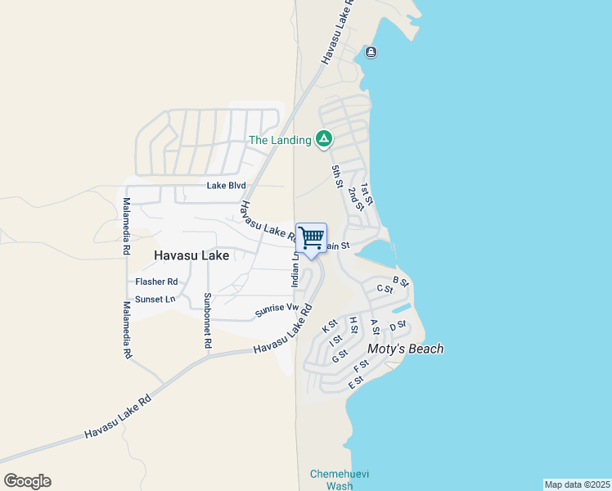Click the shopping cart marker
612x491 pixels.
click(x=312, y=238)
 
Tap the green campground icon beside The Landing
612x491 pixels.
click(x=324, y=139)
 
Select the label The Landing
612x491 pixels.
click(x=280, y=140)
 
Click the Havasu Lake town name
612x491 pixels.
click(x=191, y=256)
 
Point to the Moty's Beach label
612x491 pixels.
click(x=405, y=349)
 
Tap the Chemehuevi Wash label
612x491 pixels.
click(x=331, y=480)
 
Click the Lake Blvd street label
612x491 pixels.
click(x=226, y=186)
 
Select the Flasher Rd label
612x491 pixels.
click(x=156, y=282)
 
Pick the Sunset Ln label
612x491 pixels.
click(x=155, y=300)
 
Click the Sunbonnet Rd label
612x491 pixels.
click(x=208, y=321)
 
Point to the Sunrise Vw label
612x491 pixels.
click(x=275, y=309)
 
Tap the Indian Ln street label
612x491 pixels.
click(x=295, y=269)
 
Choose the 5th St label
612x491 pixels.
click(x=336, y=177)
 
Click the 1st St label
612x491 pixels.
click(x=367, y=195)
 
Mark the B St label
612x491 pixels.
click(x=400, y=281)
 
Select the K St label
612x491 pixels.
click(x=330, y=327)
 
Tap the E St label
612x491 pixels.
click(x=355, y=383)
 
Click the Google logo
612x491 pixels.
click(x=27, y=481)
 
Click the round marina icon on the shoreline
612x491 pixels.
click(x=371, y=53)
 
